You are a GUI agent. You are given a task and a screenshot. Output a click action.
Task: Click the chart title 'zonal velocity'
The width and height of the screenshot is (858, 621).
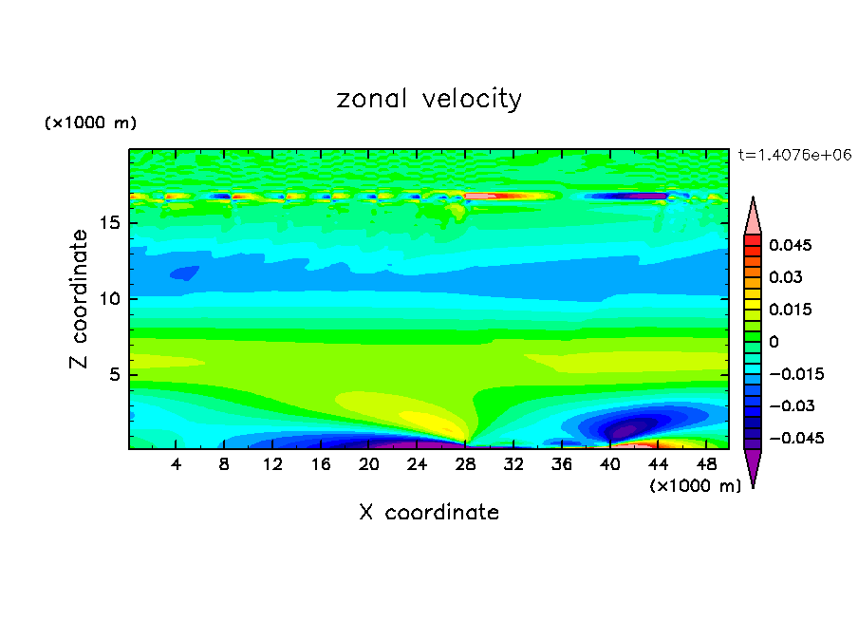[x=429, y=99]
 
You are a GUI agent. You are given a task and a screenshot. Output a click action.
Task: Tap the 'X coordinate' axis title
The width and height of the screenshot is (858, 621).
[x=429, y=513]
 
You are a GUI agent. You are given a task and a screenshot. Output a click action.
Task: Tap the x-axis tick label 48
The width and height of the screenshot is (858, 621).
[x=706, y=464]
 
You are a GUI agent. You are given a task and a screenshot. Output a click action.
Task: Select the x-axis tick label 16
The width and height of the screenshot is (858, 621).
[x=321, y=464]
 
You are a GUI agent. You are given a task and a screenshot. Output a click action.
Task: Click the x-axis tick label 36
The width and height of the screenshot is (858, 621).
[x=562, y=464]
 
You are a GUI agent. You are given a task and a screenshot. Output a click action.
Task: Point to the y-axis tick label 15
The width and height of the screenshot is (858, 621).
[x=110, y=224]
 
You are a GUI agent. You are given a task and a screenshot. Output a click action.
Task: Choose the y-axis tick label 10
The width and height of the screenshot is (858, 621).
[x=110, y=299]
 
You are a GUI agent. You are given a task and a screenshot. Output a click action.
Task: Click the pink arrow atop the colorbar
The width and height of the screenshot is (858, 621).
[x=753, y=216]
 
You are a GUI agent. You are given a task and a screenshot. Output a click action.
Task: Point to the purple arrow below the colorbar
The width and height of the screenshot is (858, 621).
[x=753, y=467]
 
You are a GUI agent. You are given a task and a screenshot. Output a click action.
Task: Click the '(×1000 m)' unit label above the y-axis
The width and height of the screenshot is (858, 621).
[x=91, y=123]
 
